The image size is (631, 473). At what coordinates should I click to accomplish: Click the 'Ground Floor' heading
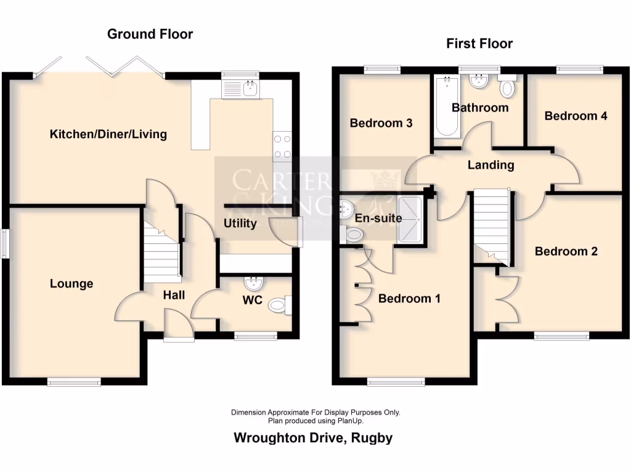pos(150,34)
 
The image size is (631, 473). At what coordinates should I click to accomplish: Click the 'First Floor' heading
pos(479,43)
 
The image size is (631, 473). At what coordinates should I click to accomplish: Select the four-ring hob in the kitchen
pos(282,147)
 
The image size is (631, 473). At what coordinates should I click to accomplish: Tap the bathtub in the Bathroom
pos(447,106)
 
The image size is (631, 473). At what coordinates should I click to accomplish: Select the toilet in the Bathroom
pos(507,87)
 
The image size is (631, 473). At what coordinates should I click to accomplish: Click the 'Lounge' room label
pos(71,284)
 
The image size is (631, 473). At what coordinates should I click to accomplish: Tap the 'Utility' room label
pos(240,223)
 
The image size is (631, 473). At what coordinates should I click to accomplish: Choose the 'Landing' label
pos(491,165)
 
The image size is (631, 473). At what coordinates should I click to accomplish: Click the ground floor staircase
pos(161,249)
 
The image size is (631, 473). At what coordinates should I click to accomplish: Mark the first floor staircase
pos(493,225)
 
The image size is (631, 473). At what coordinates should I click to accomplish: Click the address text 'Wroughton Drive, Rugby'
pos(313,438)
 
